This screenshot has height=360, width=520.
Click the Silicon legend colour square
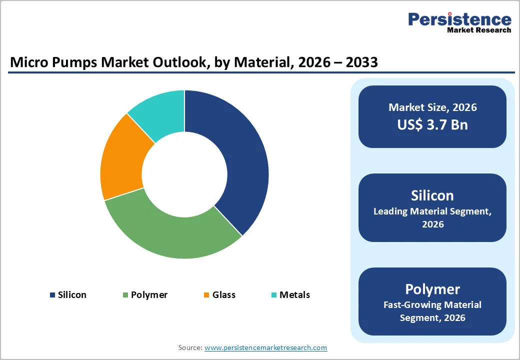(52, 295)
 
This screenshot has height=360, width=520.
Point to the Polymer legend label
(149, 295)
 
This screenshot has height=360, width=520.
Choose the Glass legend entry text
(223, 295)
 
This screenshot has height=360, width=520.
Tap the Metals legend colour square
(273, 295)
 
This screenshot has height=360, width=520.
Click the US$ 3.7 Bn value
(432, 124)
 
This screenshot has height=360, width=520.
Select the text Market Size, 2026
(432, 107)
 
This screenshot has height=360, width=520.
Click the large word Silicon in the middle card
(432, 195)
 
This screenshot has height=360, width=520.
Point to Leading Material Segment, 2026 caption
(432, 217)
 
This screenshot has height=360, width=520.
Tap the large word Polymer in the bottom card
(432, 289)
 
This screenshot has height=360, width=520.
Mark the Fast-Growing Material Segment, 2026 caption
(432, 311)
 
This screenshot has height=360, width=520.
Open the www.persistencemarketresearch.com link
(265, 347)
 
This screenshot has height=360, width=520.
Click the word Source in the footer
(190, 347)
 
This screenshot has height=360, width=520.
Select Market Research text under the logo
(479, 30)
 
